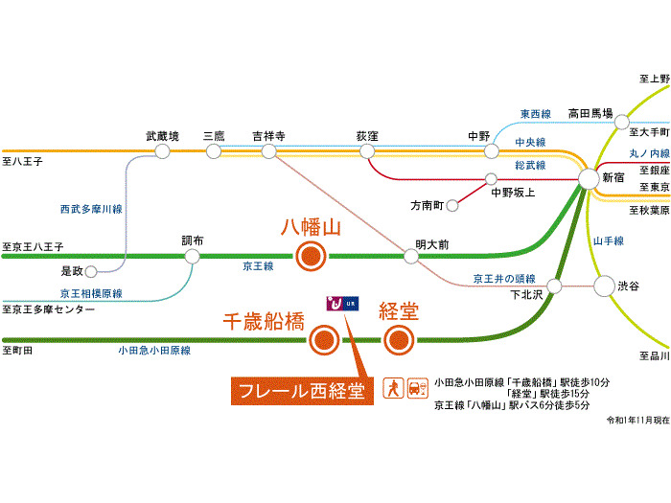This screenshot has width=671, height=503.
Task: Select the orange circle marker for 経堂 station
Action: click(399, 339)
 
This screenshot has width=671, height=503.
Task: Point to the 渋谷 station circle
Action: click(604, 286)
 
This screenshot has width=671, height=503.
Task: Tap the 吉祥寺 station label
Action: click(268, 136)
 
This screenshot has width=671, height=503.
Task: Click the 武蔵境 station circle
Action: click(162, 151)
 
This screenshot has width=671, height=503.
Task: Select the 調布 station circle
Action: click(192, 256)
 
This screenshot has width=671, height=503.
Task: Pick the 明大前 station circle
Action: click(410, 256)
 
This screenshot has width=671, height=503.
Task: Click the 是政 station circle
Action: click(91, 271)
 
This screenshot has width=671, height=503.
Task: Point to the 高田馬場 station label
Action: click(590, 111)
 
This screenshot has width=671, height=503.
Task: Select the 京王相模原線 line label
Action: click(90, 293)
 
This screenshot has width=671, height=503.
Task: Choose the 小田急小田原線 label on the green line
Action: click(153, 352)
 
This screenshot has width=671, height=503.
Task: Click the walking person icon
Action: click(393, 388)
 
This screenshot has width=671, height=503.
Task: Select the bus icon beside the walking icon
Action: click(416, 388)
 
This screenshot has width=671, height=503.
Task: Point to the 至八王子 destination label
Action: click(23, 162)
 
